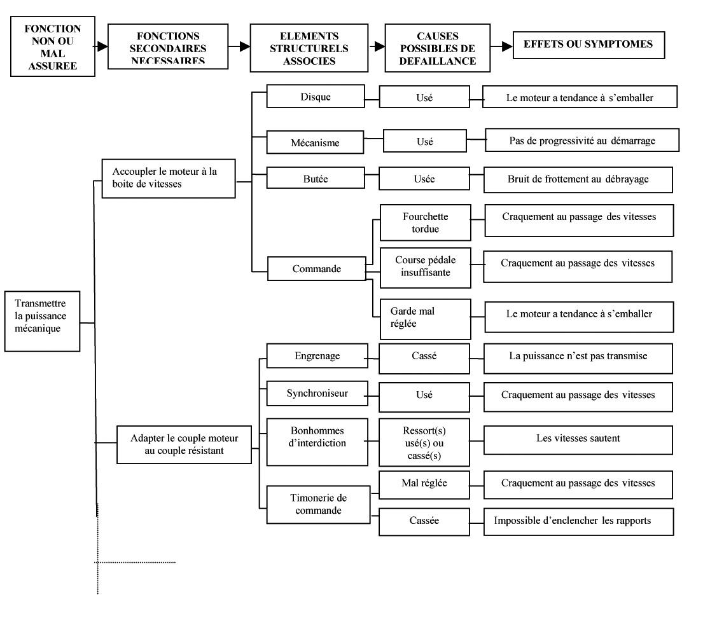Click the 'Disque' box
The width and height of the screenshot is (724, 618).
point(316,96)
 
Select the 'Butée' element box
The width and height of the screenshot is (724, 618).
point(316,177)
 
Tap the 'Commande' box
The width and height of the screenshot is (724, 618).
point(316,268)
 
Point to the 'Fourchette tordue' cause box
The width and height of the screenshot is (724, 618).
point(425,223)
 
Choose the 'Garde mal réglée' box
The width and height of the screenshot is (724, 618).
point(425,319)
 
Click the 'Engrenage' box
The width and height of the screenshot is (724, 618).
point(317,356)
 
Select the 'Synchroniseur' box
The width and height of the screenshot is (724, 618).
point(317,393)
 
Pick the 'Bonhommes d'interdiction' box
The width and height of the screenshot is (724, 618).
point(317,442)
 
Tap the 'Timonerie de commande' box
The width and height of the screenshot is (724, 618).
point(318,504)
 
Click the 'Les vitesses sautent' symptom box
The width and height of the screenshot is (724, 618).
point(578,440)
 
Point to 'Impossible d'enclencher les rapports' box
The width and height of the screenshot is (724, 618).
point(578,521)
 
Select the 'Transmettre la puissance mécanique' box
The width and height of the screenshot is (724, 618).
point(42,321)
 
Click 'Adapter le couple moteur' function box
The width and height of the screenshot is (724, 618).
point(184,444)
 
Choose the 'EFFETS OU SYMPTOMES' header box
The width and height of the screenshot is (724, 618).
point(588,45)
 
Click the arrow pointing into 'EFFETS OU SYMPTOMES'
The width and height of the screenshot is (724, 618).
point(501,46)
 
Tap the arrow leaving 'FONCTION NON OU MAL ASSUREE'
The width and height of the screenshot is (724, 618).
point(102,46)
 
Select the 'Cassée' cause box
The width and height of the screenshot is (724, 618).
point(424,521)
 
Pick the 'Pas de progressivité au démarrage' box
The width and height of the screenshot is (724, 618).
point(582,140)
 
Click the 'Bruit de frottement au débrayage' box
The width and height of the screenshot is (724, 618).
point(578,179)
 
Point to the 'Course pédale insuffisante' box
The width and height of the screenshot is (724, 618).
point(425,268)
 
